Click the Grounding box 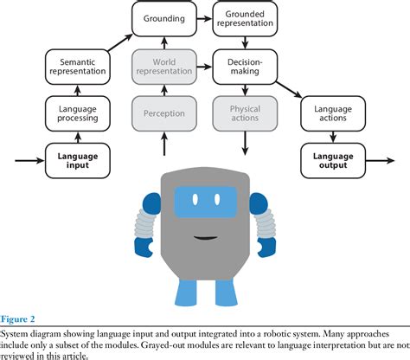163,18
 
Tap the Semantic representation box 79,66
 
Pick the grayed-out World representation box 163,66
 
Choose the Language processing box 79,112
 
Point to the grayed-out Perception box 163,112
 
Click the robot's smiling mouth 204,236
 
